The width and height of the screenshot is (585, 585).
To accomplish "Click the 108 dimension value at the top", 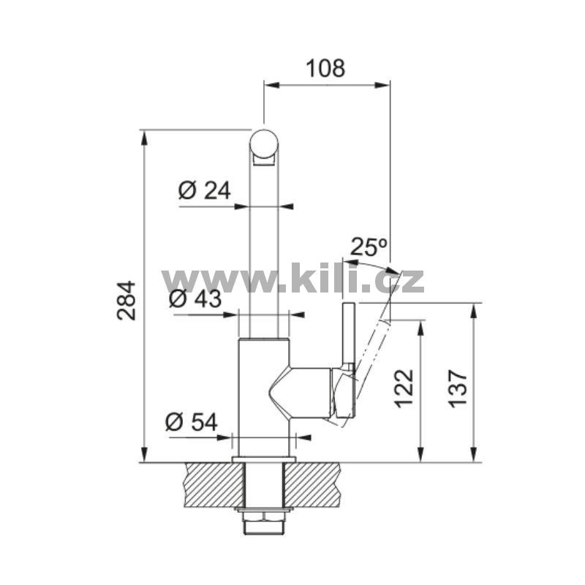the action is (325, 69).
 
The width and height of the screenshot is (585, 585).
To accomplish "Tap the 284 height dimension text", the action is (126, 301).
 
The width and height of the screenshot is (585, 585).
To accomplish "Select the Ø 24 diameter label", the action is (205, 190).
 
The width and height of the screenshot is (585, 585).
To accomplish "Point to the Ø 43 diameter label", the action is (195, 298).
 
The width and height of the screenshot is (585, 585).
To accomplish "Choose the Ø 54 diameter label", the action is (191, 422).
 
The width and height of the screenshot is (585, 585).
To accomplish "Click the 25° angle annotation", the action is (369, 246).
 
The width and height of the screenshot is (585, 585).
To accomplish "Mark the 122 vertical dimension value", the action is (404, 388).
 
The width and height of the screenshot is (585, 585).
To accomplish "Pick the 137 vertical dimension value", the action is (458, 388).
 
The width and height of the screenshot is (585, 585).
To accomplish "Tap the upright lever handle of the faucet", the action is (349, 334).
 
